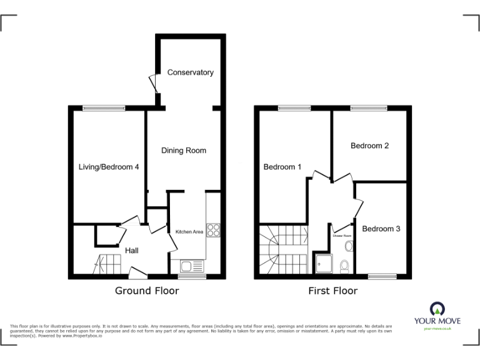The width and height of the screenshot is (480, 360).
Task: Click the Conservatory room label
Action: click(190, 72)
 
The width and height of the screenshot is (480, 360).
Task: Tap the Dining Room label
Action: click(183, 151)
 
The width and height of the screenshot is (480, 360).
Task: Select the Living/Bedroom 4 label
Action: click(109, 167)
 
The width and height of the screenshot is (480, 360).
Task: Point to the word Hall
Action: click(131, 251)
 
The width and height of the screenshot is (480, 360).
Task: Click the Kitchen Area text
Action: click(189, 232)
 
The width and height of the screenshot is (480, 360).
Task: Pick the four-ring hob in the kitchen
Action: click(213, 230)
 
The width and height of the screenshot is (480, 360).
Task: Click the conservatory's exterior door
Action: click(153, 84)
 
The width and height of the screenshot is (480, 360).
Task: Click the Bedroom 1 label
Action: click(282, 167)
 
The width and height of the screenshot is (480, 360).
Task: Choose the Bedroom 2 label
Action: click(369, 146)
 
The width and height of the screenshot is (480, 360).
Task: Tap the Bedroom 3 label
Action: click(381, 229)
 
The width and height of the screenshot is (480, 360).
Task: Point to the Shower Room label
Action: click(342, 236)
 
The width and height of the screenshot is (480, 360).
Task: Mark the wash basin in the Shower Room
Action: click(349, 246)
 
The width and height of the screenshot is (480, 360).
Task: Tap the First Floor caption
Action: click(332, 291)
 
